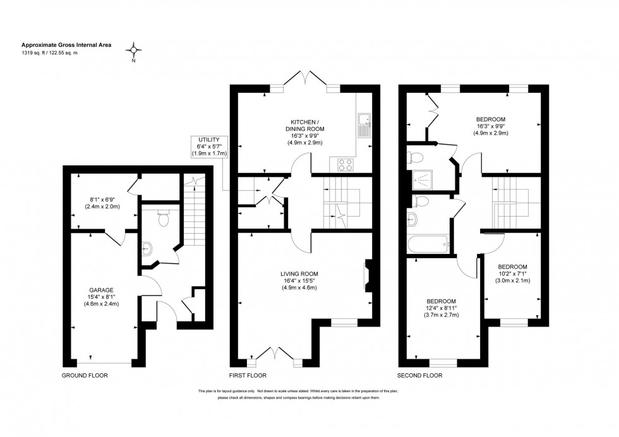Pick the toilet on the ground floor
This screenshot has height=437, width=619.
click(x=163, y=218)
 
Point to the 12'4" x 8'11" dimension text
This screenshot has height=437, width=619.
click(x=442, y=308)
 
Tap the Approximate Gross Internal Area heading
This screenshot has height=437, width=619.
click(x=59, y=45)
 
